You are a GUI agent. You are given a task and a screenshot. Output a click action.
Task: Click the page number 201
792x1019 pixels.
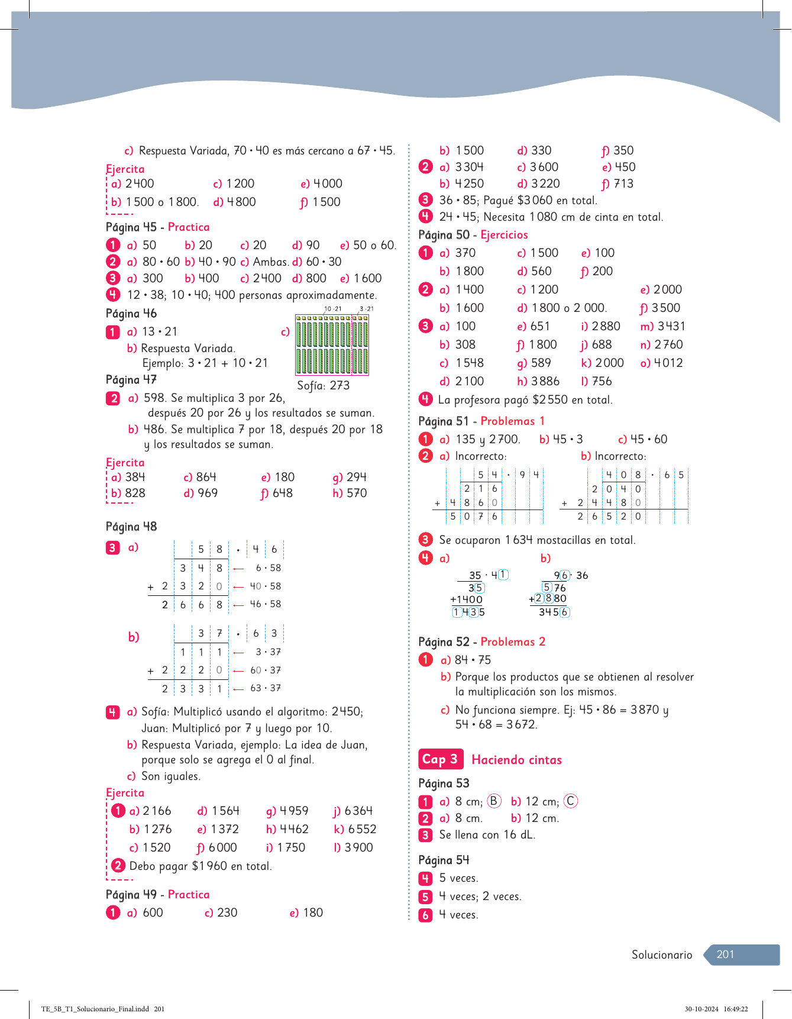pyautogui.click(x=725, y=954)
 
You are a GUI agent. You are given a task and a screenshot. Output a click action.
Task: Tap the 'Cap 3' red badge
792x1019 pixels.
pyautogui.click(x=439, y=759)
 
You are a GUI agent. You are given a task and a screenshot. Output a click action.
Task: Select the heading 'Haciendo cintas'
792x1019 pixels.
pyautogui.click(x=516, y=760)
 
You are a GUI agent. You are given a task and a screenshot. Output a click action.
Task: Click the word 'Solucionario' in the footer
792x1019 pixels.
pyautogui.click(x=661, y=954)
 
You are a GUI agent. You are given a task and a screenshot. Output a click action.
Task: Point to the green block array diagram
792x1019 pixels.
pyautogui.click(x=332, y=345)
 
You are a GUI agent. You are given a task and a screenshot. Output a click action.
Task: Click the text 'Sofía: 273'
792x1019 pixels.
pyautogui.click(x=323, y=385)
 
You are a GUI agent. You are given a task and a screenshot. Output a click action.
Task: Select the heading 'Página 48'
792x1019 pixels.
pyautogui.click(x=131, y=526)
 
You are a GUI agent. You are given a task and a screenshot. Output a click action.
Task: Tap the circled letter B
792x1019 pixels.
pyautogui.click(x=493, y=801)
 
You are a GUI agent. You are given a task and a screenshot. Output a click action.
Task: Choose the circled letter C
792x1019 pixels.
pyautogui.click(x=570, y=801)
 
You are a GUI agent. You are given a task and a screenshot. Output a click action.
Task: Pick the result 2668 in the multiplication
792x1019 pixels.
pyautogui.click(x=192, y=605)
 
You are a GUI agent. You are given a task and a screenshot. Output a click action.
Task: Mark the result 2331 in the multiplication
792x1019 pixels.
pyautogui.click(x=192, y=689)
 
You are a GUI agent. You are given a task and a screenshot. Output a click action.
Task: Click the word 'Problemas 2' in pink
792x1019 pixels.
pyautogui.click(x=512, y=641)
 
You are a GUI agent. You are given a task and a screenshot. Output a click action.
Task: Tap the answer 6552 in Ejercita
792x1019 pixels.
pyautogui.click(x=361, y=829)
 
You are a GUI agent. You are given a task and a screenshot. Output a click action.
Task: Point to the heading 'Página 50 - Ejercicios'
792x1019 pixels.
pyautogui.click(x=473, y=235)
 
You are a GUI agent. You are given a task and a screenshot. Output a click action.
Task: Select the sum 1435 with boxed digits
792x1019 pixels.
pyautogui.click(x=468, y=612)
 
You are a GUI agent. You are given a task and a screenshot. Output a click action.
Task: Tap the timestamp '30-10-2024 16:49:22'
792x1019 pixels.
pyautogui.click(x=716, y=1009)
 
